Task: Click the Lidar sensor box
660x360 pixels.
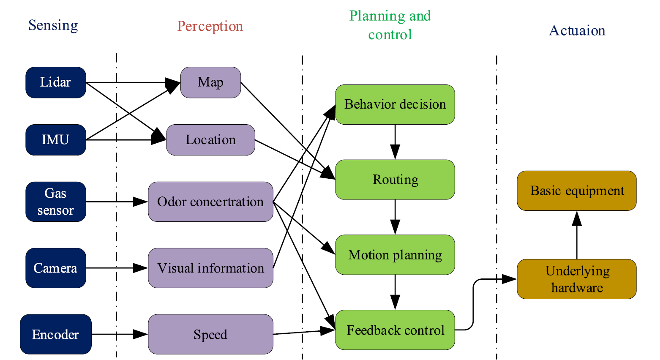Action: [56, 82]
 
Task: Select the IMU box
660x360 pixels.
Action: [56, 140]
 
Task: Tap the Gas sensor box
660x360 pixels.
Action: [56, 202]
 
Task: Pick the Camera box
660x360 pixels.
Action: [56, 268]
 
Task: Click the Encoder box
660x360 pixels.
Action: [56, 334]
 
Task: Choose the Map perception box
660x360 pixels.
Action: [210, 82]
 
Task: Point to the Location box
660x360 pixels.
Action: [210, 140]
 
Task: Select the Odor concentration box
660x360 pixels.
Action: [210, 202]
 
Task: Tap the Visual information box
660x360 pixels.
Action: [210, 268]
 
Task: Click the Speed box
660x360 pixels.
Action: [210, 334]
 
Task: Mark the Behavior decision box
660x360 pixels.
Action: [395, 104]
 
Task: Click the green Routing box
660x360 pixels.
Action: [395, 180]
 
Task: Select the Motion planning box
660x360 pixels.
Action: [395, 255]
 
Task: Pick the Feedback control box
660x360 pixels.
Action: [395, 330]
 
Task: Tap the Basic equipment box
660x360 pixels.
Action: [577, 191]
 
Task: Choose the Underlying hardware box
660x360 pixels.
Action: [577, 279]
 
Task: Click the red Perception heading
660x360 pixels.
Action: [210, 26]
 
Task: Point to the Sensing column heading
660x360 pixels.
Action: [53, 25]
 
